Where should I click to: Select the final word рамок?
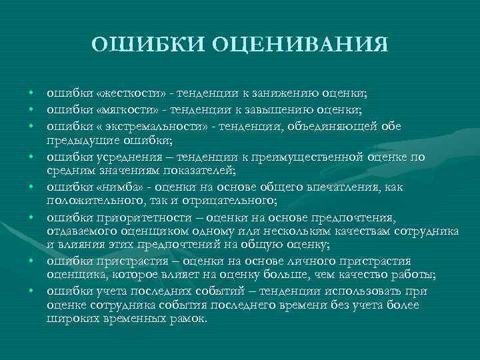coord(191,319)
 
